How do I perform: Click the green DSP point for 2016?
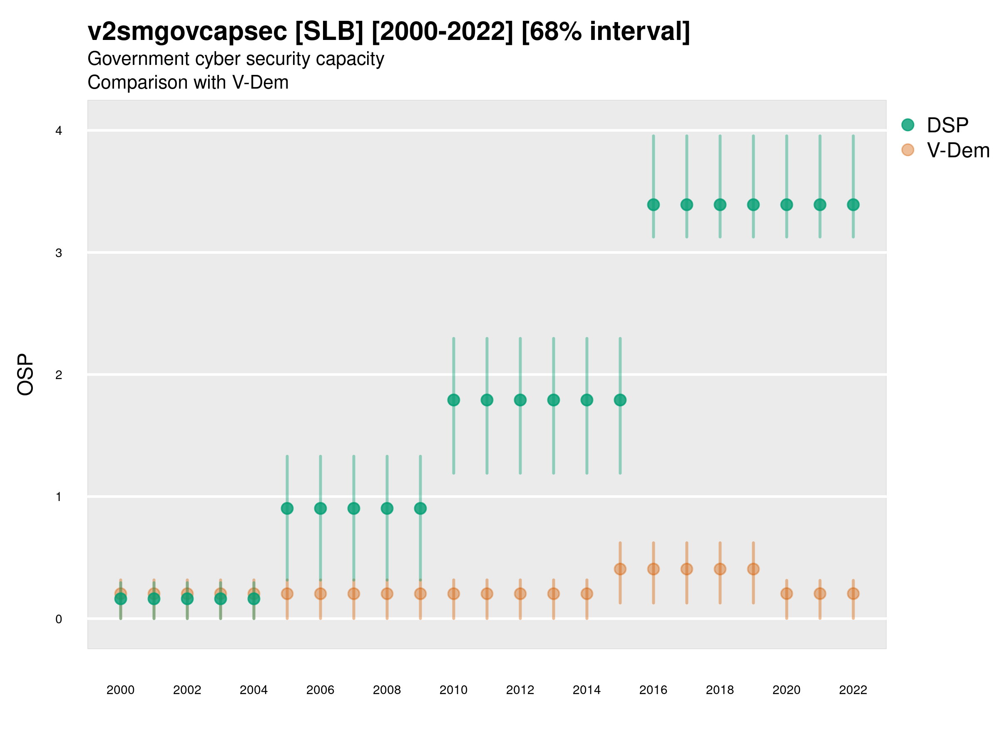point(653,205)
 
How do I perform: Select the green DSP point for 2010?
point(453,400)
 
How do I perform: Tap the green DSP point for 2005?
point(287,508)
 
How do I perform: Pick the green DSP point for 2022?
point(853,205)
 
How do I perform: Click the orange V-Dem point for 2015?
point(620,569)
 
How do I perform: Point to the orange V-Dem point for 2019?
point(753,569)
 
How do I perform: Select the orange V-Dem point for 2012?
point(520,594)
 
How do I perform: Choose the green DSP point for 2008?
point(387,508)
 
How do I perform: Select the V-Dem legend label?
point(958,150)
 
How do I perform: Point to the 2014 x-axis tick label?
point(586,690)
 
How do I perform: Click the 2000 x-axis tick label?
point(120,690)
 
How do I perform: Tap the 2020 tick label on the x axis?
point(786,690)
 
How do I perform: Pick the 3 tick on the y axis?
point(59,253)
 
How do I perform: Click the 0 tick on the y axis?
point(59,619)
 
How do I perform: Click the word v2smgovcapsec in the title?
point(187,32)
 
